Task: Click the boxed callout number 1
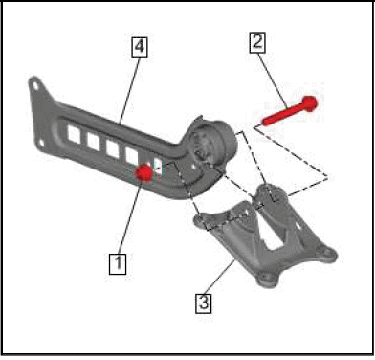click(118, 263)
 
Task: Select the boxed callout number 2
click(257, 42)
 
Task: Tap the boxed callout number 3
click(204, 303)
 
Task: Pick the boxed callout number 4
click(140, 47)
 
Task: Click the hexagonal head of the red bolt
click(310, 103)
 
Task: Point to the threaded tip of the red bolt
click(263, 123)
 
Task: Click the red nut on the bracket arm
click(143, 172)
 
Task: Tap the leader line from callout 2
click(272, 80)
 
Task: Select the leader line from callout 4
click(130, 90)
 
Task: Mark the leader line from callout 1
click(129, 217)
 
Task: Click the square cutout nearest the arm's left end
click(74, 134)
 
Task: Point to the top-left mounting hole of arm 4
click(35, 85)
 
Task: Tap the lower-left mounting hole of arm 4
click(41, 144)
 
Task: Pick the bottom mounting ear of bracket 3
click(267, 278)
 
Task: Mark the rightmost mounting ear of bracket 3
click(328, 255)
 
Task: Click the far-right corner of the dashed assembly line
click(328, 178)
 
